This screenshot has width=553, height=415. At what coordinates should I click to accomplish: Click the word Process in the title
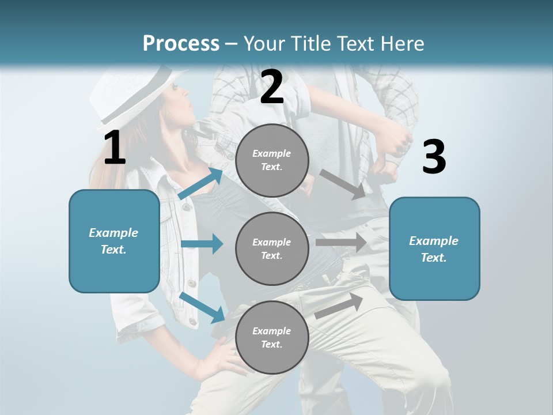181,44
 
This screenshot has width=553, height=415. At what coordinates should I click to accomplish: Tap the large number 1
115,148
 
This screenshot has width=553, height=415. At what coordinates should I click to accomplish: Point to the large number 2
272,87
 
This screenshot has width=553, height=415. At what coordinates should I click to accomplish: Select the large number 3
434,157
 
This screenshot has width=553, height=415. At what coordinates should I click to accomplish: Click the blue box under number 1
114,241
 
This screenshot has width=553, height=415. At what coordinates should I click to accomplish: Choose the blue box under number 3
434,248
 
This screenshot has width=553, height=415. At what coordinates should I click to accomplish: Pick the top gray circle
272,160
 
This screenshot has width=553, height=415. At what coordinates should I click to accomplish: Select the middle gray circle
272,248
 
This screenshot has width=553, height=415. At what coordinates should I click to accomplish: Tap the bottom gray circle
272,337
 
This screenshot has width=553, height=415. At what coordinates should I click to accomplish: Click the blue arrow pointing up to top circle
202,183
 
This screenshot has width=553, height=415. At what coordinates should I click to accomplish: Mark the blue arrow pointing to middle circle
202,244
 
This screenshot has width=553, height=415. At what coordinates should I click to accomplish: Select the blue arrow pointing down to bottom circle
202,307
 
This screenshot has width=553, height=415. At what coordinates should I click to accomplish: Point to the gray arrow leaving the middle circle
341,242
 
